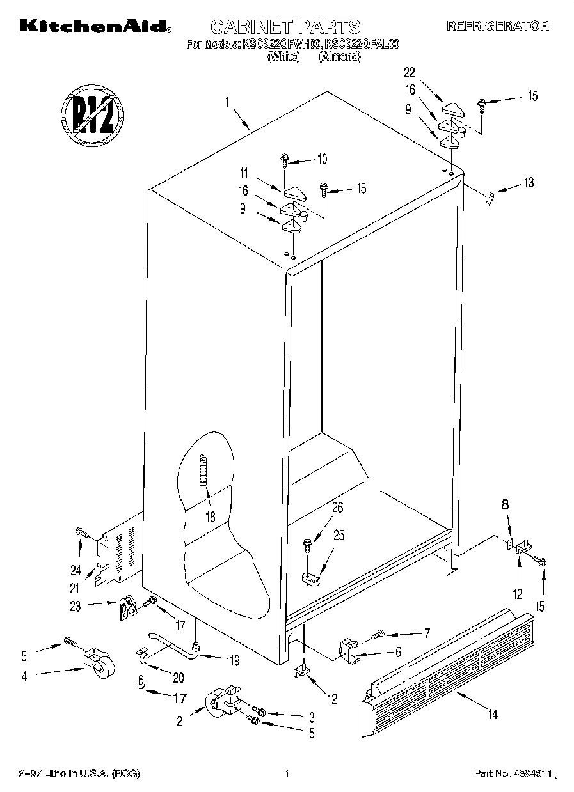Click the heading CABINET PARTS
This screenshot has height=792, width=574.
point(285,27)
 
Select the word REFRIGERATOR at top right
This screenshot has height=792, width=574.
point(497,27)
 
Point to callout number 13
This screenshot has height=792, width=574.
point(528,183)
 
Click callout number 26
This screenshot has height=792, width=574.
point(337,508)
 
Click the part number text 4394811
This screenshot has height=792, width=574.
point(509,774)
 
